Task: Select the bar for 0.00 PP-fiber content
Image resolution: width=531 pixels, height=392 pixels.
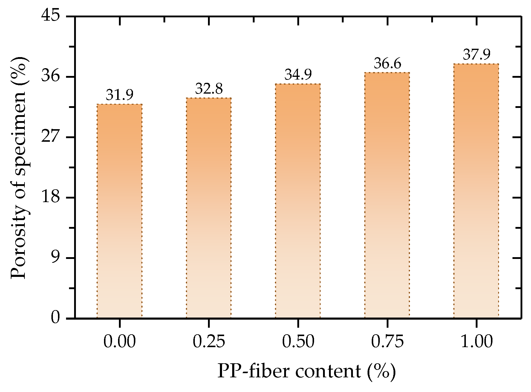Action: click(120, 211)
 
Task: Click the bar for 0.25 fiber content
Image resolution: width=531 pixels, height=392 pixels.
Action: click(209, 208)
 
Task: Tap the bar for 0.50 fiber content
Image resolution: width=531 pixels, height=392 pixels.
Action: click(298, 201)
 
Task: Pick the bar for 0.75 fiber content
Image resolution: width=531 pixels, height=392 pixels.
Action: click(387, 195)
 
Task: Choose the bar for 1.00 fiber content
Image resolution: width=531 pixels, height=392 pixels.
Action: click(476, 191)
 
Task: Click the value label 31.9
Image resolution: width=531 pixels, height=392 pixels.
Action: click(120, 95)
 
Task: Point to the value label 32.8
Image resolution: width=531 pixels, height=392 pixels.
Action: click(209, 89)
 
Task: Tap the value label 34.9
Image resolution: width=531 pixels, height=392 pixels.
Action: click(298, 75)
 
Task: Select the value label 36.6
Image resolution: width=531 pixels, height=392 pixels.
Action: click(387, 64)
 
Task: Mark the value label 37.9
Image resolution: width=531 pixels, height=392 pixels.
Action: click(476, 55)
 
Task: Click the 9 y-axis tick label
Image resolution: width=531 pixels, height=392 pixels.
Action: click(55, 258)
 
